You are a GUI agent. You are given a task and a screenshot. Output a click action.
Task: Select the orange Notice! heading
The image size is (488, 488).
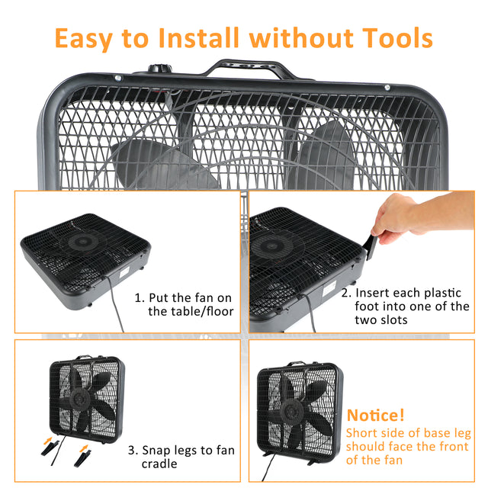tap(376, 416)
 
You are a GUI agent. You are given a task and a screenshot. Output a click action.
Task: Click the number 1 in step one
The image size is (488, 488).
tap(138, 297)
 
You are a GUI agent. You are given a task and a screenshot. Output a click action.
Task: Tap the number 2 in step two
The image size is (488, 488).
tap(345, 293)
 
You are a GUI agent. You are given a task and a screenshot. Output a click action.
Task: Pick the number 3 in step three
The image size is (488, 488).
tap(132, 450)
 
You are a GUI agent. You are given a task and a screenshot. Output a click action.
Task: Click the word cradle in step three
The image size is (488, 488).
tap(159, 464)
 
